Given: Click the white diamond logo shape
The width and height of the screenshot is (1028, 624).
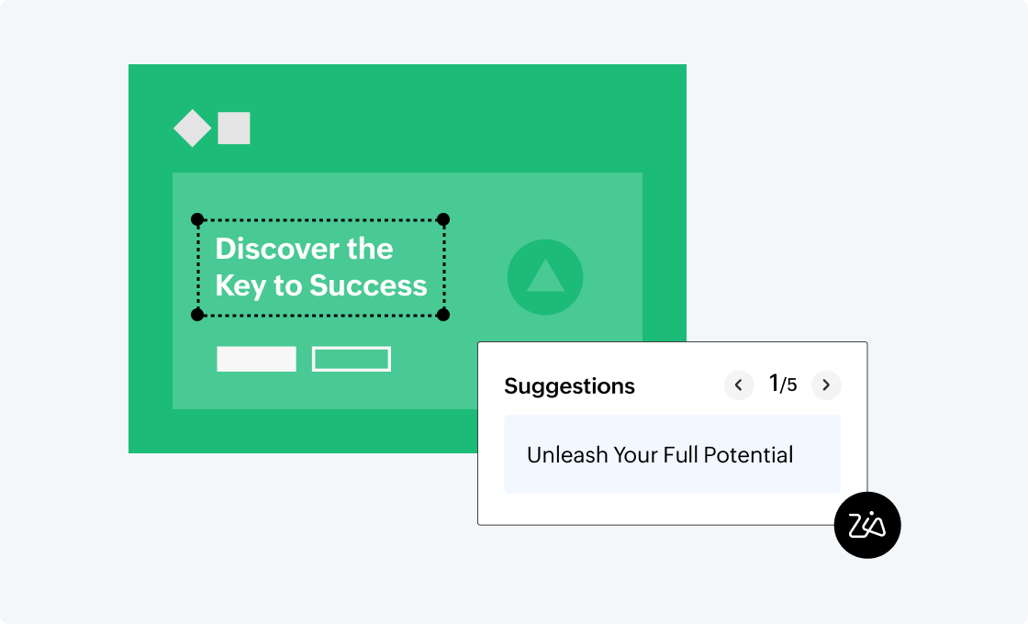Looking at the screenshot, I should coord(193,128).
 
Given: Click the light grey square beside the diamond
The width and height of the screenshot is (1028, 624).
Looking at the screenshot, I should coord(234,128).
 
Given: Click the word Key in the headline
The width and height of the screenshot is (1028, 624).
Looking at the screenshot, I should coord(240,285).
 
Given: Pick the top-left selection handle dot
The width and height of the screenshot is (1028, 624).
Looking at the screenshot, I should coord(197,219).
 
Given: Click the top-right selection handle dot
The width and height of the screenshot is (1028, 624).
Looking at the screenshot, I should coord(443,219).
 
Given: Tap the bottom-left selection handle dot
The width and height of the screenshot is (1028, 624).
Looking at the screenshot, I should coord(197,315).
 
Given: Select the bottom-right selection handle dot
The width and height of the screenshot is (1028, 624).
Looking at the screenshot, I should coord(443,315).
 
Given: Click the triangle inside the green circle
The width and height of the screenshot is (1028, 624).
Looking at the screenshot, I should coord(545,276).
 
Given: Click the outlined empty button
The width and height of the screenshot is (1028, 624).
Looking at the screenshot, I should coord(352,359).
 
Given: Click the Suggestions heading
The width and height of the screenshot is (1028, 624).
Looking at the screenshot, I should coord(569,386).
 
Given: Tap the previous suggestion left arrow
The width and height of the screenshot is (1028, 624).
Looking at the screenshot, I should coord(739,385).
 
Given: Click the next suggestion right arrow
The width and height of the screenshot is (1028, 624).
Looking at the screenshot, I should coord(826,385).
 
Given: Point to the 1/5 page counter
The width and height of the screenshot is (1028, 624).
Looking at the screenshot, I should coord(783,384).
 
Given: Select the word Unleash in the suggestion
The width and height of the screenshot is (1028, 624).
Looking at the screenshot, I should coord(564,454).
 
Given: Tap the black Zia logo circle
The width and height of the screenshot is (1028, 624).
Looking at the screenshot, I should coord(867,525).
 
